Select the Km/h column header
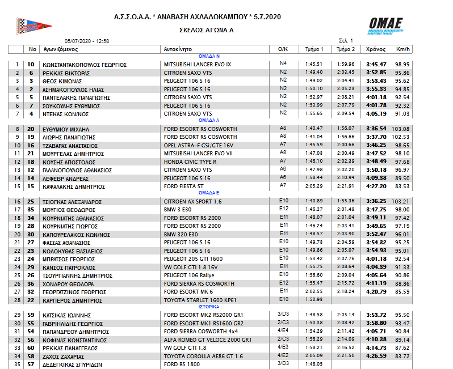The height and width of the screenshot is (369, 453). [404, 49]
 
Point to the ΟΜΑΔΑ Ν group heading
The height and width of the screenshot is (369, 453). [209, 57]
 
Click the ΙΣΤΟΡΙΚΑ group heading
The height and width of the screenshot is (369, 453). [209, 306]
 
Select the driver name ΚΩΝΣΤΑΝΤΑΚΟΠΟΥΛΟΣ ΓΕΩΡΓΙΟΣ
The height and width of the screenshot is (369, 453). [85, 65]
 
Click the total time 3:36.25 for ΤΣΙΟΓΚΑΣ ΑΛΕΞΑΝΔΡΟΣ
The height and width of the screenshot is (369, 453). [376, 201]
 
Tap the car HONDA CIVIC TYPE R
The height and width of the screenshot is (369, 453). [190, 162]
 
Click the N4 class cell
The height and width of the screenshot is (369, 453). [283, 63]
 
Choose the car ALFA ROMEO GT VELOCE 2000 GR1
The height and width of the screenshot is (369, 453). [207, 341]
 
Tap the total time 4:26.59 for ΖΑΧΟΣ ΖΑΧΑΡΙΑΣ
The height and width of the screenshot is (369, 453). [376, 357]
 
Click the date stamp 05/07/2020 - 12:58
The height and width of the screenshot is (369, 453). [87, 41]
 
